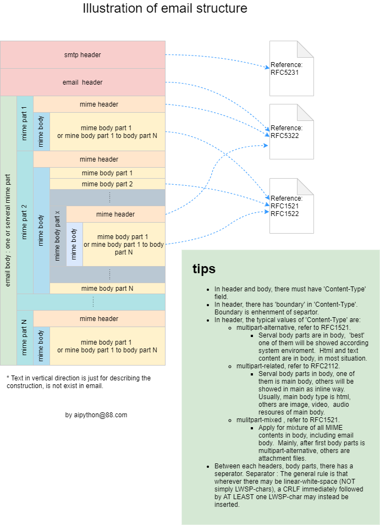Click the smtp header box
[82, 55]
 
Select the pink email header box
[82, 82]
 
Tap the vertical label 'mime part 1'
[25, 124]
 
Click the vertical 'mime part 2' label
[25, 223]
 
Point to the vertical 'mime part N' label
[25, 338]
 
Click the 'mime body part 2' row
[107, 184]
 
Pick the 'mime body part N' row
[107, 289]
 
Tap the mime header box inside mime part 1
[99, 104]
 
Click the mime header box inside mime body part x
[115, 214]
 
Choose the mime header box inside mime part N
[99, 319]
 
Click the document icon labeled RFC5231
[291, 68]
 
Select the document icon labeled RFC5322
[291, 132]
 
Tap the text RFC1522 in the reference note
[284, 214]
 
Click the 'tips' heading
[204, 269]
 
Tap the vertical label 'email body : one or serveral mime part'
[8, 231]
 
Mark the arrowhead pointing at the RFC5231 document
[268, 68]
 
